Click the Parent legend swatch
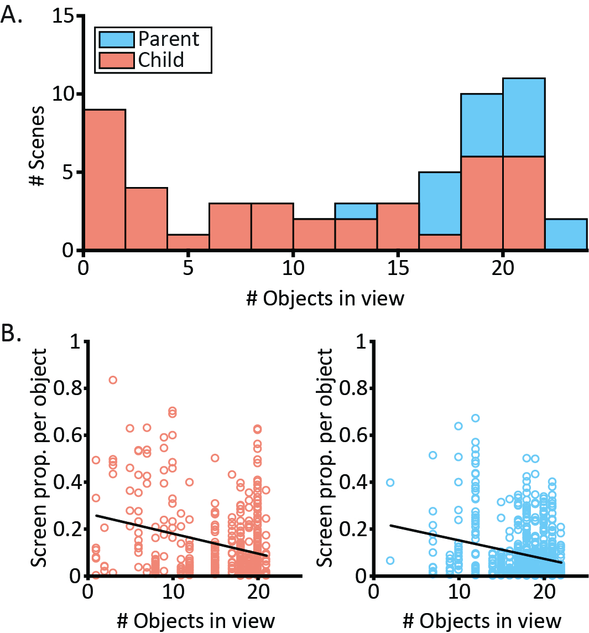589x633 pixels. point(116,39)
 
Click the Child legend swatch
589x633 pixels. point(116,59)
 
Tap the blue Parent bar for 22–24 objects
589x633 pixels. point(565,235)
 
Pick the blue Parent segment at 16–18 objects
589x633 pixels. point(439,203)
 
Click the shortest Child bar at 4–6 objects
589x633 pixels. point(188,242)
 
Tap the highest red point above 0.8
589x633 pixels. point(112,380)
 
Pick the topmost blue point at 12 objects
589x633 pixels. point(475,418)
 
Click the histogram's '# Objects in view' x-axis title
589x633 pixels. point(325,298)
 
